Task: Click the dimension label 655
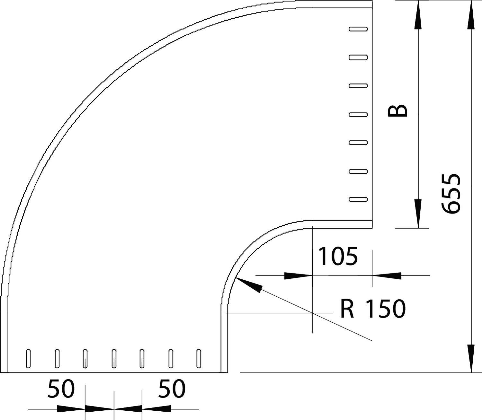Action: pyautogui.click(x=451, y=194)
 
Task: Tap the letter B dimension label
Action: pyautogui.click(x=398, y=111)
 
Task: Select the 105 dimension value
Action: pyautogui.click(x=338, y=256)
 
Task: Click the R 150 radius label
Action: pyautogui.click(x=373, y=309)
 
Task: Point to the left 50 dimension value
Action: pyautogui.click(x=61, y=389)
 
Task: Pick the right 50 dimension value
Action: pyautogui.click(x=172, y=389)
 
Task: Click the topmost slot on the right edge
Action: pyautogui.click(x=358, y=29)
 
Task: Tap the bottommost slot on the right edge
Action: pyautogui.click(x=358, y=199)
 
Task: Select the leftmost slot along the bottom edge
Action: pyautogui.click(x=28, y=358)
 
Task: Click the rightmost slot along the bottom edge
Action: pyautogui.click(x=199, y=358)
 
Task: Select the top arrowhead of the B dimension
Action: pyautogui.click(x=418, y=14)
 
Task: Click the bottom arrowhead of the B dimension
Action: pyautogui.click(x=418, y=214)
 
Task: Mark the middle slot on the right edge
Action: pyautogui.click(x=358, y=114)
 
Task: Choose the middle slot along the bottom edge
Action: pyautogui.click(x=114, y=358)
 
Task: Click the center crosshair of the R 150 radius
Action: pyautogui.click(x=312, y=312)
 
